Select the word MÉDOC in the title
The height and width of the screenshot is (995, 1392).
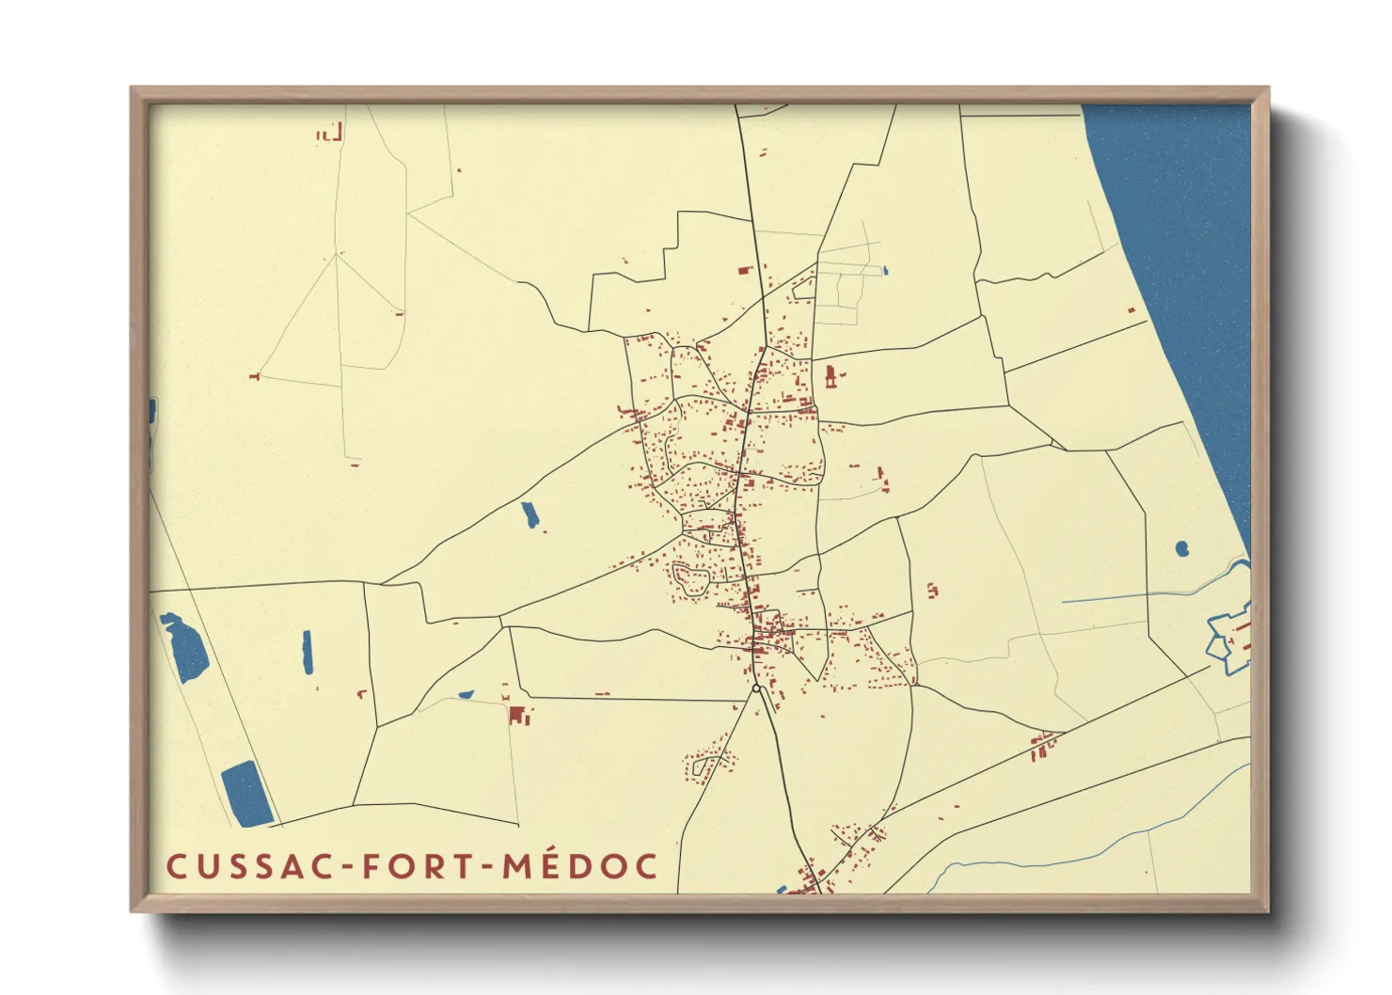(x=580, y=866)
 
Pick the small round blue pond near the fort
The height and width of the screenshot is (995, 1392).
(x=1181, y=547)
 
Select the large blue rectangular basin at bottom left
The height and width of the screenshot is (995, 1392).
(x=246, y=793)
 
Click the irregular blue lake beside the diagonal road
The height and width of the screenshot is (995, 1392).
(x=184, y=646)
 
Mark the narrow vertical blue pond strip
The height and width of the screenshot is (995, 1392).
(x=307, y=652)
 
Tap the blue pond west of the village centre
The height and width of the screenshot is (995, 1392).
(x=530, y=514)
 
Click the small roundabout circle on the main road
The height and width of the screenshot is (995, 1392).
(x=756, y=688)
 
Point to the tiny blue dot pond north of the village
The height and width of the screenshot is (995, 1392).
(x=885, y=271)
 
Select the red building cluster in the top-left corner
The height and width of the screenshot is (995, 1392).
(x=330, y=133)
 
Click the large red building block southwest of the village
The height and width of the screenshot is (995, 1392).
(x=517, y=715)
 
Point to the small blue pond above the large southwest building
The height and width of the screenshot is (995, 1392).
(x=466, y=695)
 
